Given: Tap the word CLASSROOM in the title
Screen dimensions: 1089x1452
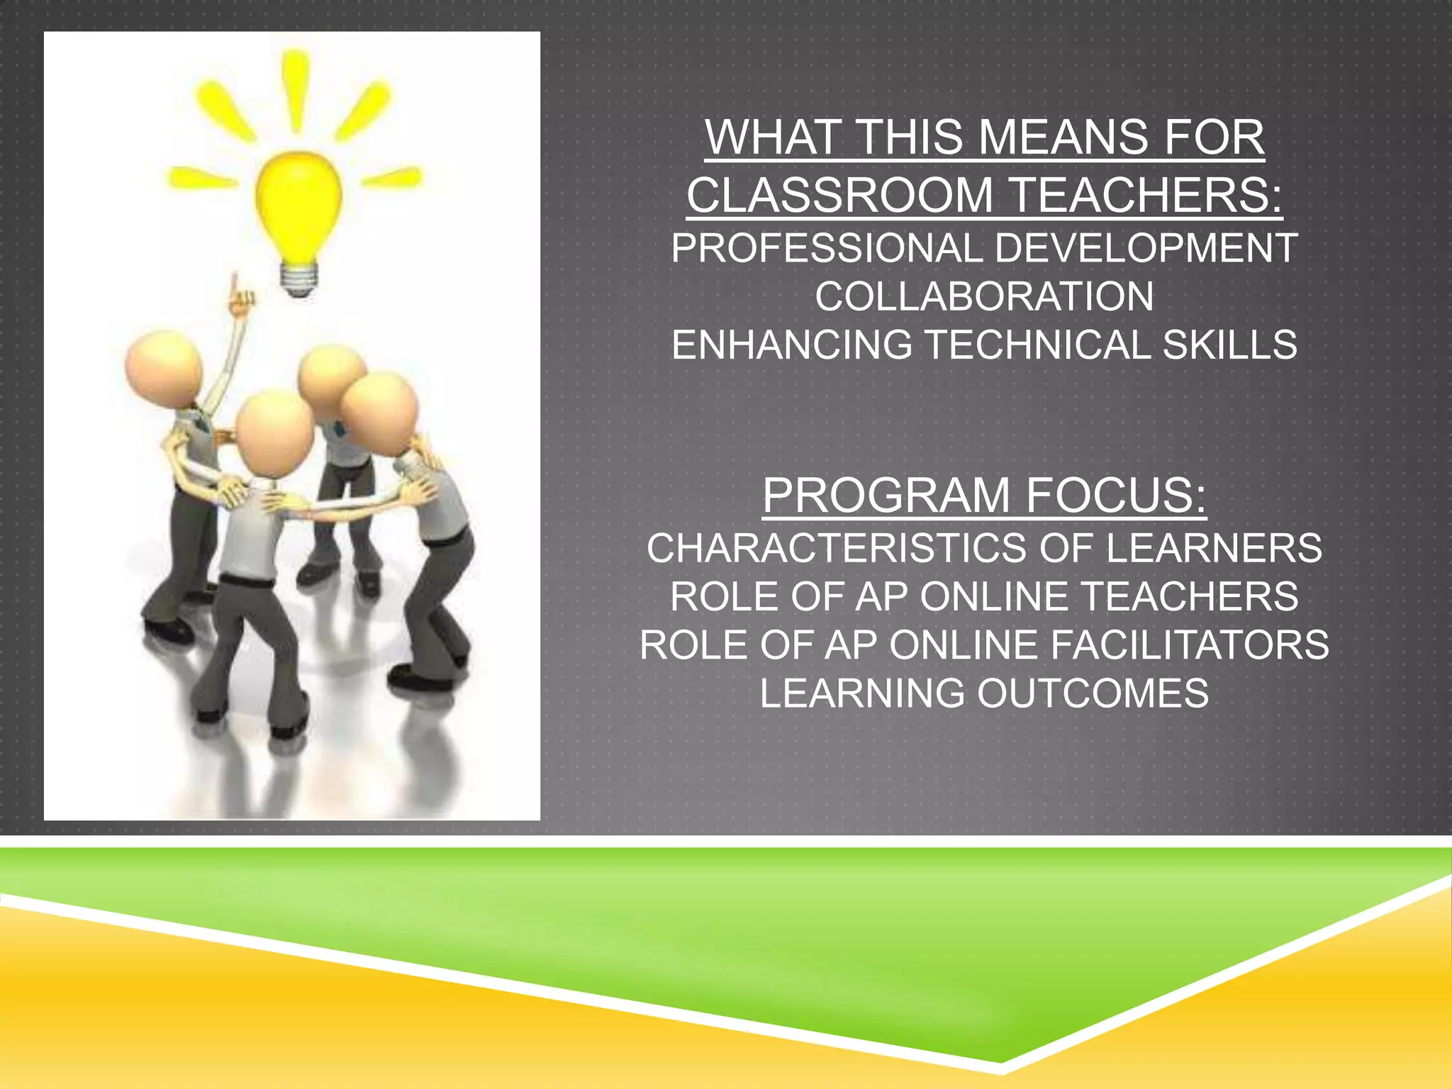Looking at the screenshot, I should click(x=839, y=195).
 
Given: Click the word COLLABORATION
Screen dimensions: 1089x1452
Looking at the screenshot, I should click(x=984, y=297).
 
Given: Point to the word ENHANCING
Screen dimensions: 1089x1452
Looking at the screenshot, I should click(x=791, y=345).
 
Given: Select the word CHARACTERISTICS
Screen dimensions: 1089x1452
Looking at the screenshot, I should click(x=836, y=549).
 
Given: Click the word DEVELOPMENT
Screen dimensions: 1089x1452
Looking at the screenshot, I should click(x=1145, y=249).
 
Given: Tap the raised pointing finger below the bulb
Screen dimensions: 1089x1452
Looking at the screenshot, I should click(x=236, y=291).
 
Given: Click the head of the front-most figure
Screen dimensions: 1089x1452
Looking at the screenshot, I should click(x=274, y=430).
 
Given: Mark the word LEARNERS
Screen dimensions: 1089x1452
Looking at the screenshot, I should click(x=1214, y=549).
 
